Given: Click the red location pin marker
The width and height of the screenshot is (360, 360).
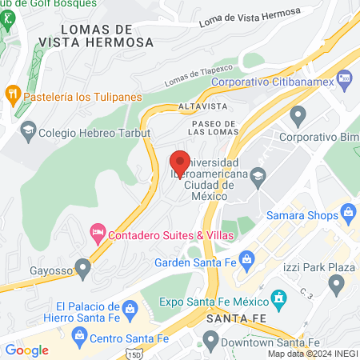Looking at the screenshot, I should [180, 162].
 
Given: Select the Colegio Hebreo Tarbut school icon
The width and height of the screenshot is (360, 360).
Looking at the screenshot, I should [28, 130].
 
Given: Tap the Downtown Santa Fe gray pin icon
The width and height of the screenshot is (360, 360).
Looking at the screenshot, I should [210, 342].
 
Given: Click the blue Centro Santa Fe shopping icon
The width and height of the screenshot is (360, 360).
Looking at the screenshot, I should [78, 340].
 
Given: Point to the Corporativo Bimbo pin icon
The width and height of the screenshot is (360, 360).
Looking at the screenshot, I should [299, 117].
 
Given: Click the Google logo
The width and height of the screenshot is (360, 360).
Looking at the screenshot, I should [26, 350].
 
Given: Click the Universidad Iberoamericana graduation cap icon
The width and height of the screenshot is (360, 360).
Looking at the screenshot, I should [258, 174].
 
